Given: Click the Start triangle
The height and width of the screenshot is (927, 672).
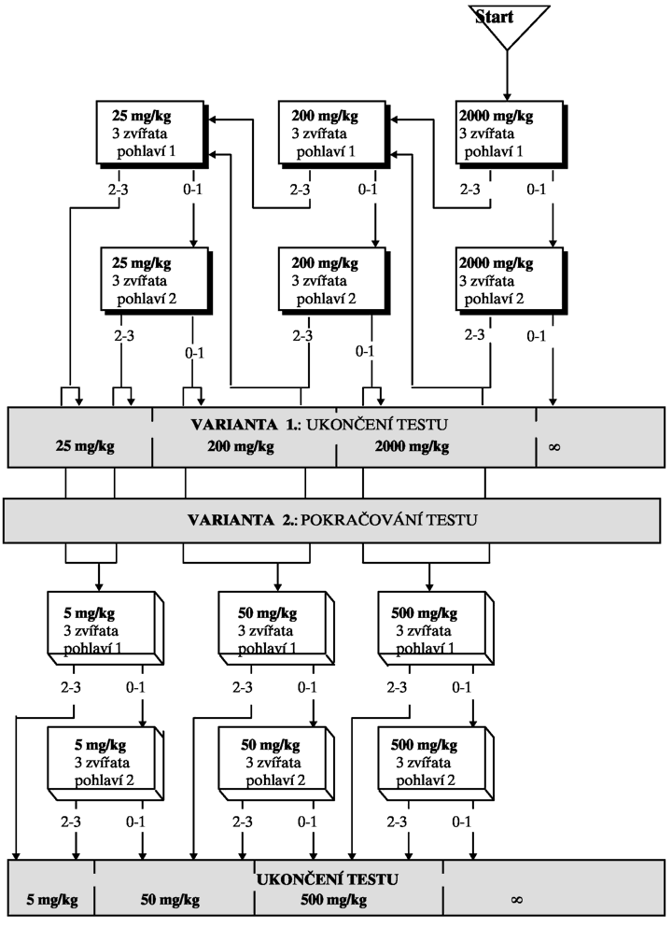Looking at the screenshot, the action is coord(509,23).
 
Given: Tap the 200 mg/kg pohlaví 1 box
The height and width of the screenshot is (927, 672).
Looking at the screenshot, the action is coord(334,134).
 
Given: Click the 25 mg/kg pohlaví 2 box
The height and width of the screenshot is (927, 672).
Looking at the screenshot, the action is coord(157,281).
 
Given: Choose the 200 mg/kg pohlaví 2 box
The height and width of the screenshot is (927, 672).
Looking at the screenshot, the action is coord(334,281).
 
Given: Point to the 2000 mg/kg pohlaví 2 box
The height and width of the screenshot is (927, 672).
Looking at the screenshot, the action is coord(511,281).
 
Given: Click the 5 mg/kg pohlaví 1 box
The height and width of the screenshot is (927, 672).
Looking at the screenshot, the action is coord(105,628).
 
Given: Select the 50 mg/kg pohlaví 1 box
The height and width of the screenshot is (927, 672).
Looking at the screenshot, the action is coord(276,628).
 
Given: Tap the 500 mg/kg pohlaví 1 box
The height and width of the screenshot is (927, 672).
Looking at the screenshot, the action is coord(436,628).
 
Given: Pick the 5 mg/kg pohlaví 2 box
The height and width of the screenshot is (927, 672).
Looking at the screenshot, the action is coord(105,764).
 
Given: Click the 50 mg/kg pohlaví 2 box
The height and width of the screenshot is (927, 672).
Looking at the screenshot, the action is coord(276,764).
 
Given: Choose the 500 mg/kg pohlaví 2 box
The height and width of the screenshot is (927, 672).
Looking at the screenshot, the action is coord(436,764).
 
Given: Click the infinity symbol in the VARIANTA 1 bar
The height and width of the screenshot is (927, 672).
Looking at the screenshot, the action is coord(554,447).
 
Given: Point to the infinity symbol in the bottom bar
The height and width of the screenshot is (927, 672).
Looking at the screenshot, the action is coord(516,900).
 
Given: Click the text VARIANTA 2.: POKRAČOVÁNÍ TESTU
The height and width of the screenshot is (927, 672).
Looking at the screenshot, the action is coord(332,520).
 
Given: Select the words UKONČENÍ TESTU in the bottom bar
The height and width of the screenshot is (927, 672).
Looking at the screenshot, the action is coord(328,879).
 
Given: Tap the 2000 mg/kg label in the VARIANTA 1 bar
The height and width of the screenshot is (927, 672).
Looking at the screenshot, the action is coord(412,446).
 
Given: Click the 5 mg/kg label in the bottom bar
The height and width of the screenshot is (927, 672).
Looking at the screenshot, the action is coord(52,900).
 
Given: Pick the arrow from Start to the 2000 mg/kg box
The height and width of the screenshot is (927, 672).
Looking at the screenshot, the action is coord(507,76).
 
